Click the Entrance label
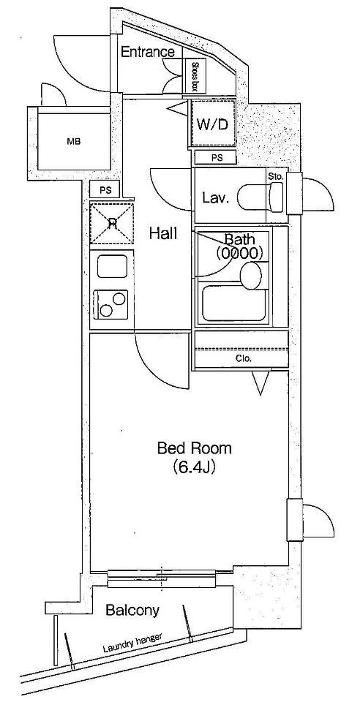click(148, 52)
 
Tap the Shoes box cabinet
click(195, 76)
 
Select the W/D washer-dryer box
click(213, 123)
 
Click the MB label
click(73, 142)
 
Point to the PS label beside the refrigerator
click(105, 190)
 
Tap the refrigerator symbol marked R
click(112, 223)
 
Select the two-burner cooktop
click(110, 304)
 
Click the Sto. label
click(276, 176)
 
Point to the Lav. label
click(215, 197)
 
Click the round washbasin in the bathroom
click(251, 274)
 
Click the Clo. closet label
click(244, 358)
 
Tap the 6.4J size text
click(195, 467)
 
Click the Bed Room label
click(195, 448)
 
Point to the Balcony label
click(132, 609)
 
